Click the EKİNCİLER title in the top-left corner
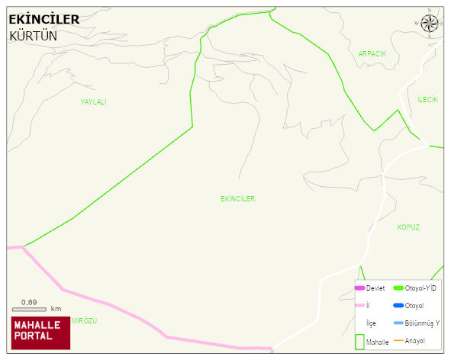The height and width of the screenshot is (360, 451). point(43,20)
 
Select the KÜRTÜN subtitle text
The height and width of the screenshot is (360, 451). point(33,36)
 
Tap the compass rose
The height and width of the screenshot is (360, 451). point(430,24)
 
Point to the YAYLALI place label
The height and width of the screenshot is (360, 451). point(94,102)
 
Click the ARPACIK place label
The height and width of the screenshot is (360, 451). point(372,54)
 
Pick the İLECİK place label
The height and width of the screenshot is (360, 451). point(427,100)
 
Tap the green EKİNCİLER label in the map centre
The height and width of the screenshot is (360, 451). point(237,199)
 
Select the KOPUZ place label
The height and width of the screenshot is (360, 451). point(408,227)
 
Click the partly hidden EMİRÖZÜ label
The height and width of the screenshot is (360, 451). point(84,320)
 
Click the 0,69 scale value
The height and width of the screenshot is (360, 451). point(29,302)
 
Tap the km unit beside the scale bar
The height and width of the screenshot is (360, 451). point(56,309)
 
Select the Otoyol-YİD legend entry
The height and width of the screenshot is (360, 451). point(416,288)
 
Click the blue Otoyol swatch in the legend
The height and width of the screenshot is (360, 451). point(398,306)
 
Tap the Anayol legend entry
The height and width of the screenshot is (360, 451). point(415,340)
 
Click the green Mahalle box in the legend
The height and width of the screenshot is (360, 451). point(359,341)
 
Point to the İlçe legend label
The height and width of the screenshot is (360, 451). point(372,323)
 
